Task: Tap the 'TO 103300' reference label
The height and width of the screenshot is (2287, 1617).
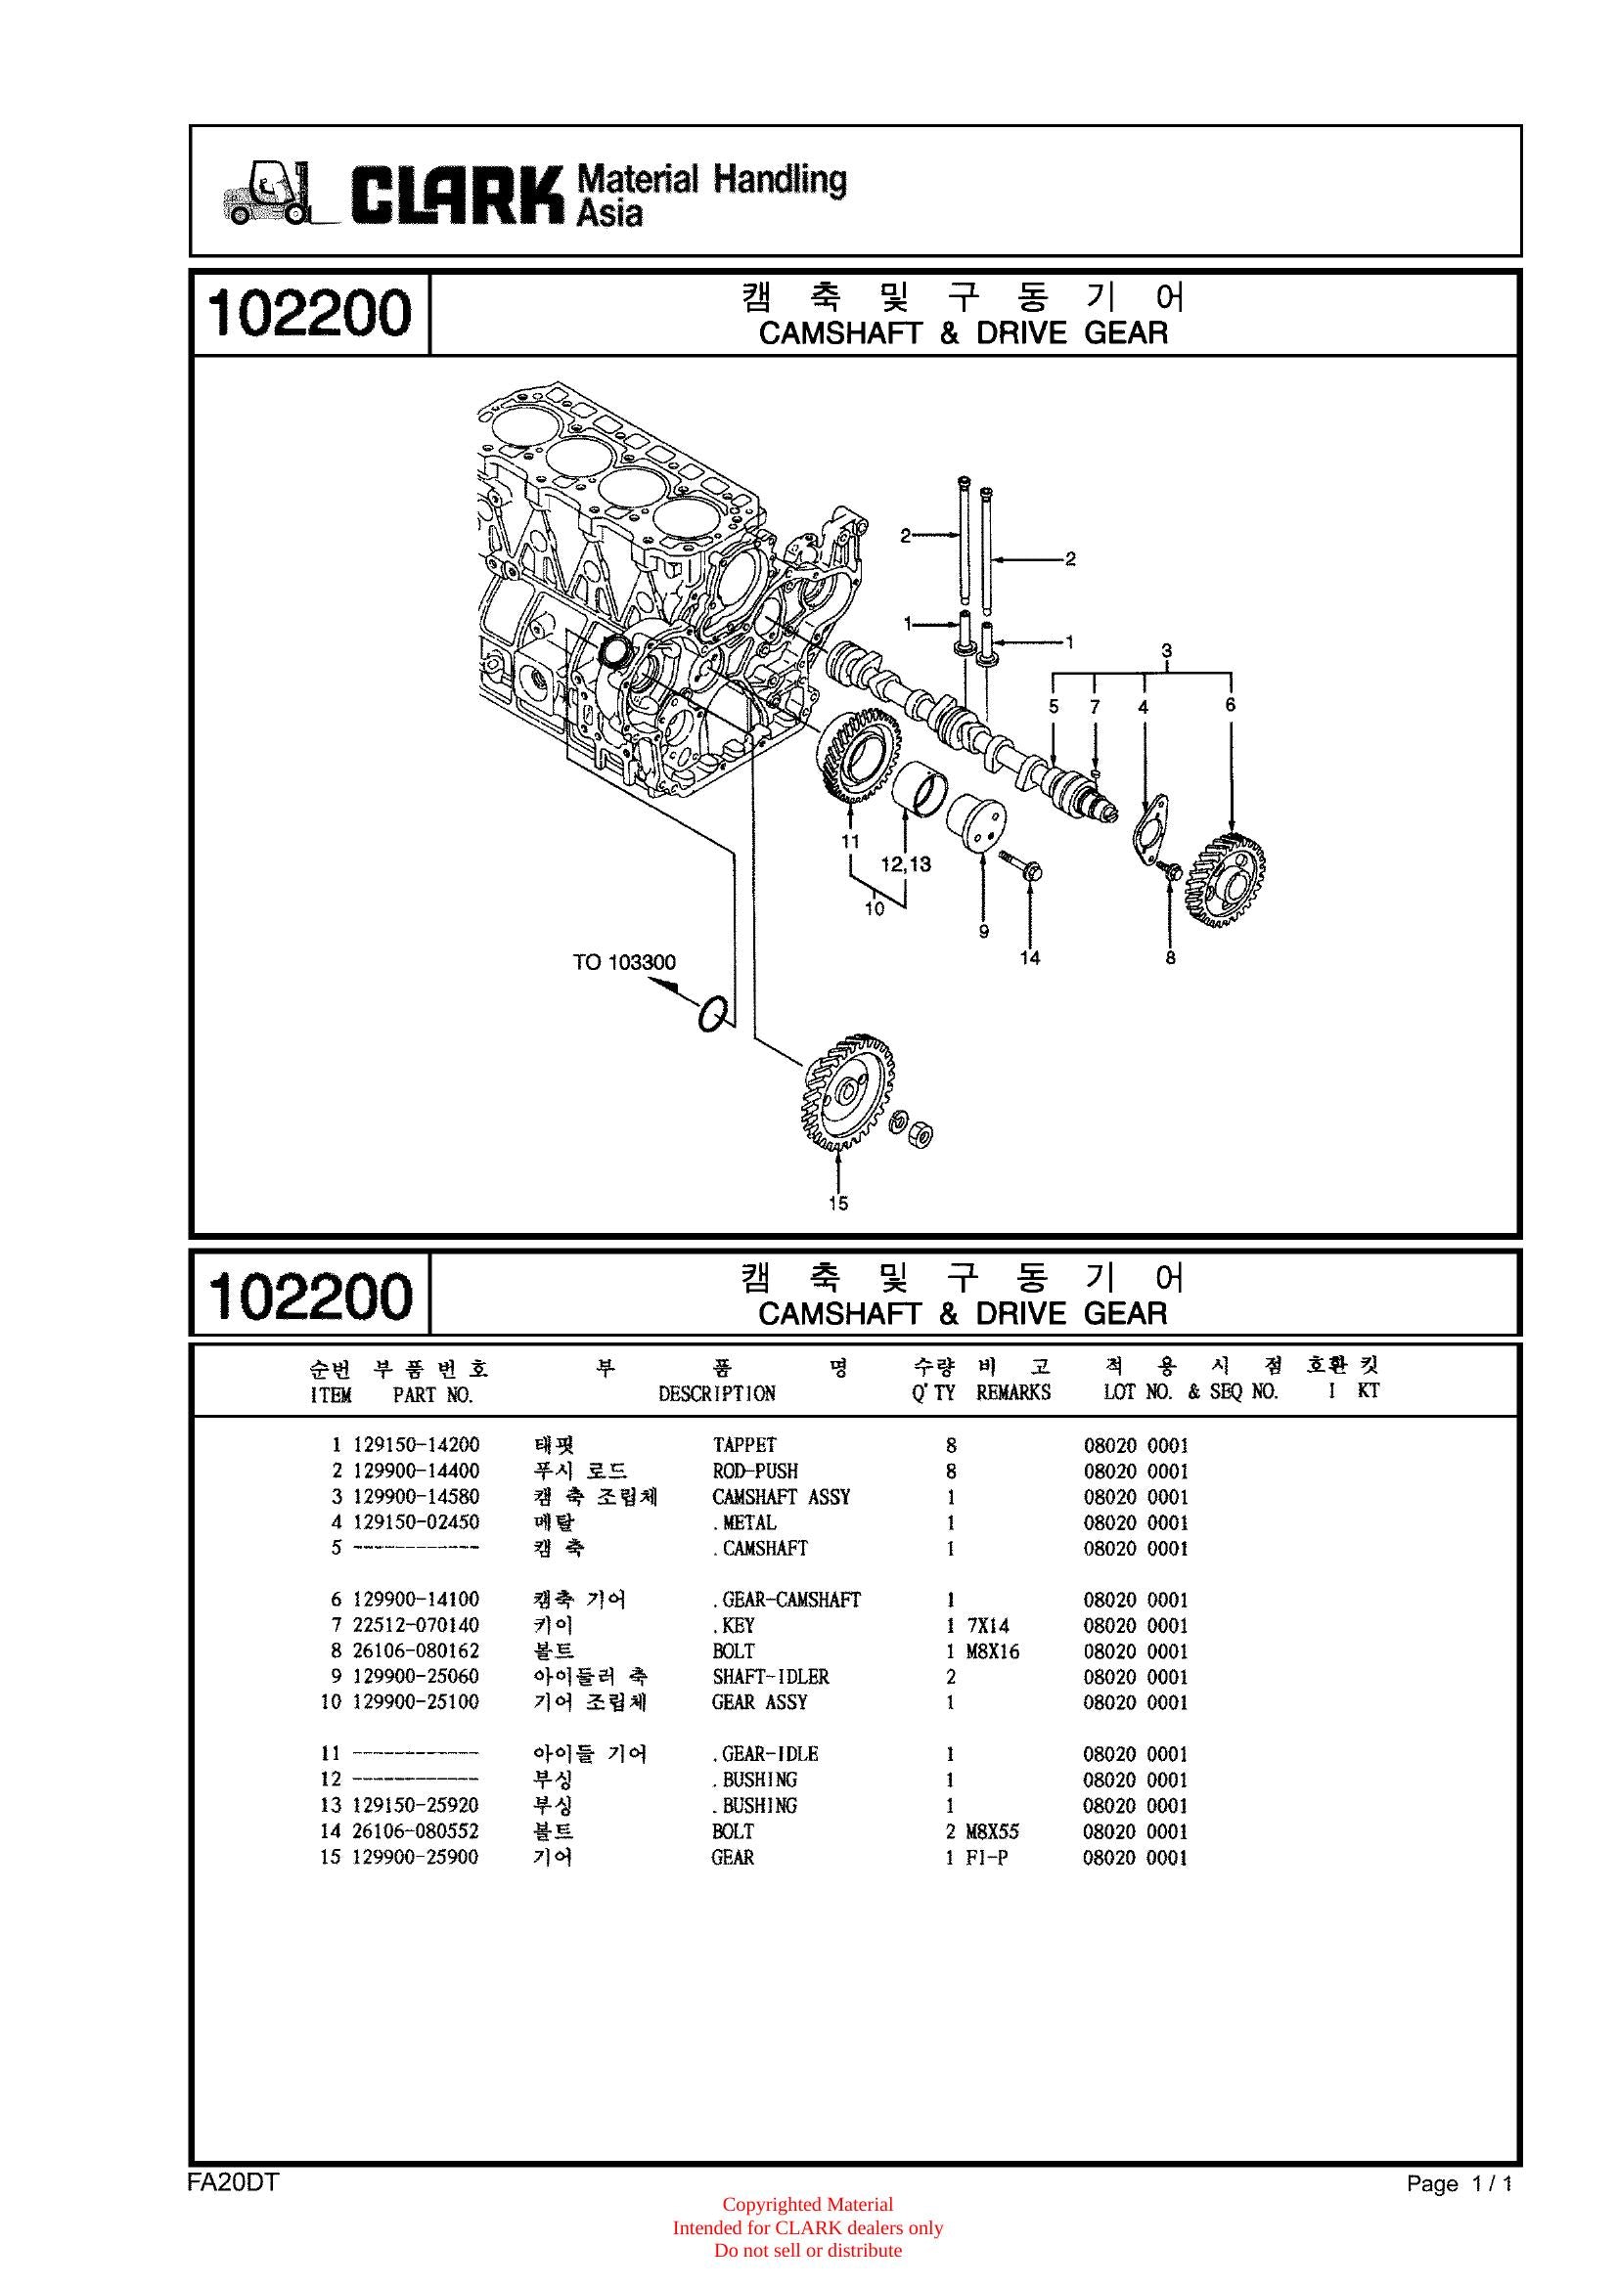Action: coord(624,962)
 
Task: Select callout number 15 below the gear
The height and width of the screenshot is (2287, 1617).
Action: coord(838,1204)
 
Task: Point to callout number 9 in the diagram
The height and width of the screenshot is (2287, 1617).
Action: coord(983,932)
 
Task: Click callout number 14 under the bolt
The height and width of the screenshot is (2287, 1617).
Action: coord(1030,957)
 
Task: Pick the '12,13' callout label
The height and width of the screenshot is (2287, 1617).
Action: coord(906,863)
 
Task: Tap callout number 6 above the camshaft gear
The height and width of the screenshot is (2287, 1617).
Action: coord(1231,704)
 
